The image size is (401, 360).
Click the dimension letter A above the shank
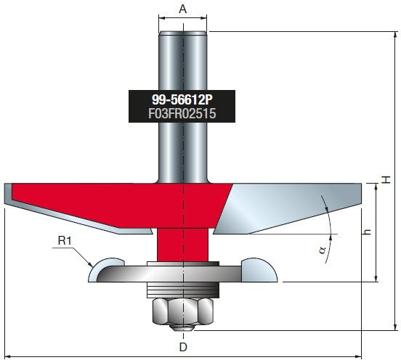(182, 9)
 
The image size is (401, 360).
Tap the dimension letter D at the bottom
(183, 347)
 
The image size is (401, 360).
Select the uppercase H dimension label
(386, 179)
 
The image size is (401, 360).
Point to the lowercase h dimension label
(368, 232)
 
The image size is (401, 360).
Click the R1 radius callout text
(65, 240)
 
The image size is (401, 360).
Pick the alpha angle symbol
(323, 250)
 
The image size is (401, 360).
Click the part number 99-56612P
(182, 99)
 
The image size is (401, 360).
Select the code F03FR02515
(182, 113)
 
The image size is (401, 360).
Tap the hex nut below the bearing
(183, 312)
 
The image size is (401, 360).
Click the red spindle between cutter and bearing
(182, 245)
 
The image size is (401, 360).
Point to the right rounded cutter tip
(259, 270)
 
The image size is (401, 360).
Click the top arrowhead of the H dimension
(395, 35)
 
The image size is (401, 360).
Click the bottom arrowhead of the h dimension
(376, 279)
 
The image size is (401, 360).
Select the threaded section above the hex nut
(183, 290)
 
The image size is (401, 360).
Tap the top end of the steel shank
(182, 33)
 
